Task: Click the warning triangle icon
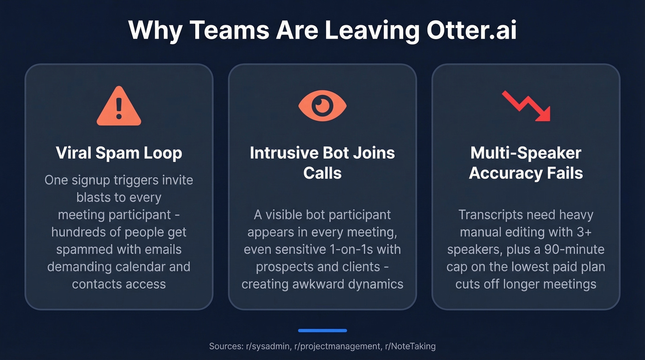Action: click(x=119, y=106)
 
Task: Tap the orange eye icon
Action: click(x=322, y=106)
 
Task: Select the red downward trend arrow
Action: click(x=526, y=106)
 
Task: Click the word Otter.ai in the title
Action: click(x=471, y=30)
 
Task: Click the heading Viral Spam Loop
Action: click(x=119, y=153)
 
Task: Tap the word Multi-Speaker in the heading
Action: click(x=526, y=153)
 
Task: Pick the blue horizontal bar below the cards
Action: click(x=322, y=330)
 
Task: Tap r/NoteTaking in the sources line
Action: click(x=409, y=346)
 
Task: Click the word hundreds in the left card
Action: click(x=78, y=232)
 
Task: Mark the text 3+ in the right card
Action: click(x=594, y=232)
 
